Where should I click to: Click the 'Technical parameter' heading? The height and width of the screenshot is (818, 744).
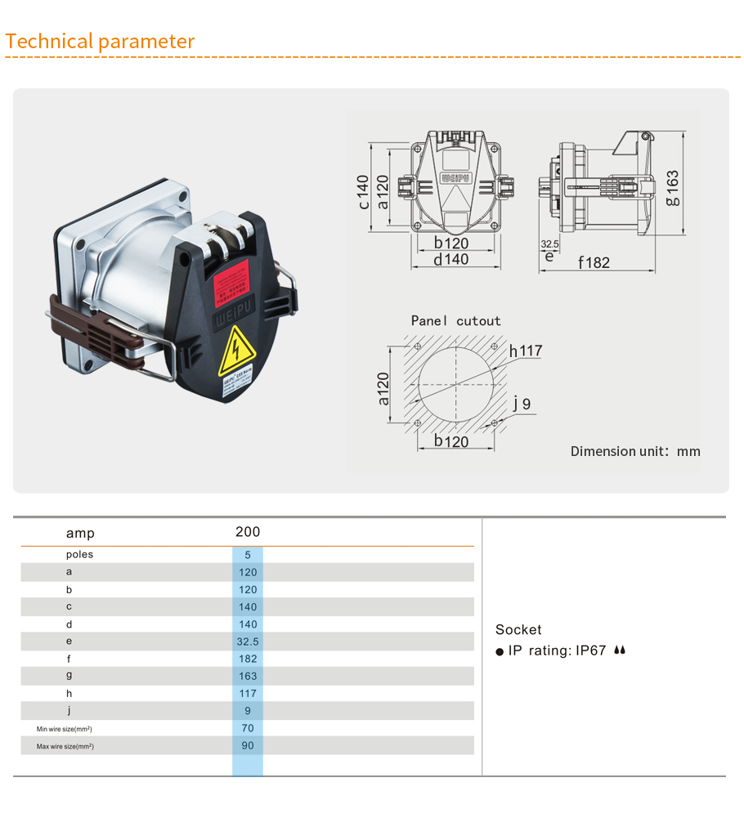[x=100, y=42]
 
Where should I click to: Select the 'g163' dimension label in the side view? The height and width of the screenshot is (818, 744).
[x=671, y=187]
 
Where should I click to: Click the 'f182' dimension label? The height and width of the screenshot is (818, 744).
[x=594, y=262]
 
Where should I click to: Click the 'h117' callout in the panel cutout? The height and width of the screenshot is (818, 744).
[x=525, y=351]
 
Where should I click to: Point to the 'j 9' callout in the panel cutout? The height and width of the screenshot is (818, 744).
[x=522, y=404]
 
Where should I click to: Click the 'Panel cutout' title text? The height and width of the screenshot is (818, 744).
[x=455, y=321]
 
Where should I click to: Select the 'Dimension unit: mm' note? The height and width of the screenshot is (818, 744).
[x=634, y=451]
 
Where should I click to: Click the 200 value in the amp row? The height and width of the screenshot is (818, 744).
[x=248, y=532]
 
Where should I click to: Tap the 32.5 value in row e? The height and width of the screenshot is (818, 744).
[x=248, y=641]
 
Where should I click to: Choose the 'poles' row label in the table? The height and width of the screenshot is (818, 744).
[x=79, y=554]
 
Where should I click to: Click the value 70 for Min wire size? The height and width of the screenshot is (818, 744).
[x=248, y=728]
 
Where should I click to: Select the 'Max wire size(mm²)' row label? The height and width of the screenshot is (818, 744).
[x=65, y=746]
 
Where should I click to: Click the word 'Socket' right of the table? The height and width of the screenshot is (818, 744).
[x=518, y=629]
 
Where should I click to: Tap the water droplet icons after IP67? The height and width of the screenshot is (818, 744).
[x=620, y=650]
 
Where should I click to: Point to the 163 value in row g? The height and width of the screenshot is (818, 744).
[x=248, y=676]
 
